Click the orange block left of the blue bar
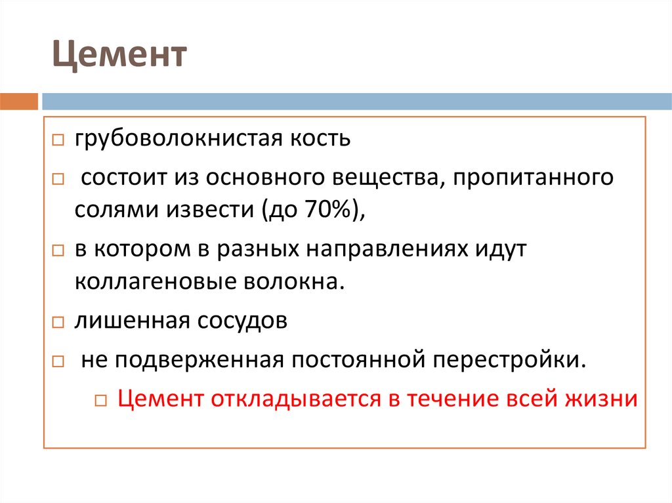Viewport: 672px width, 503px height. point(19,102)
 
